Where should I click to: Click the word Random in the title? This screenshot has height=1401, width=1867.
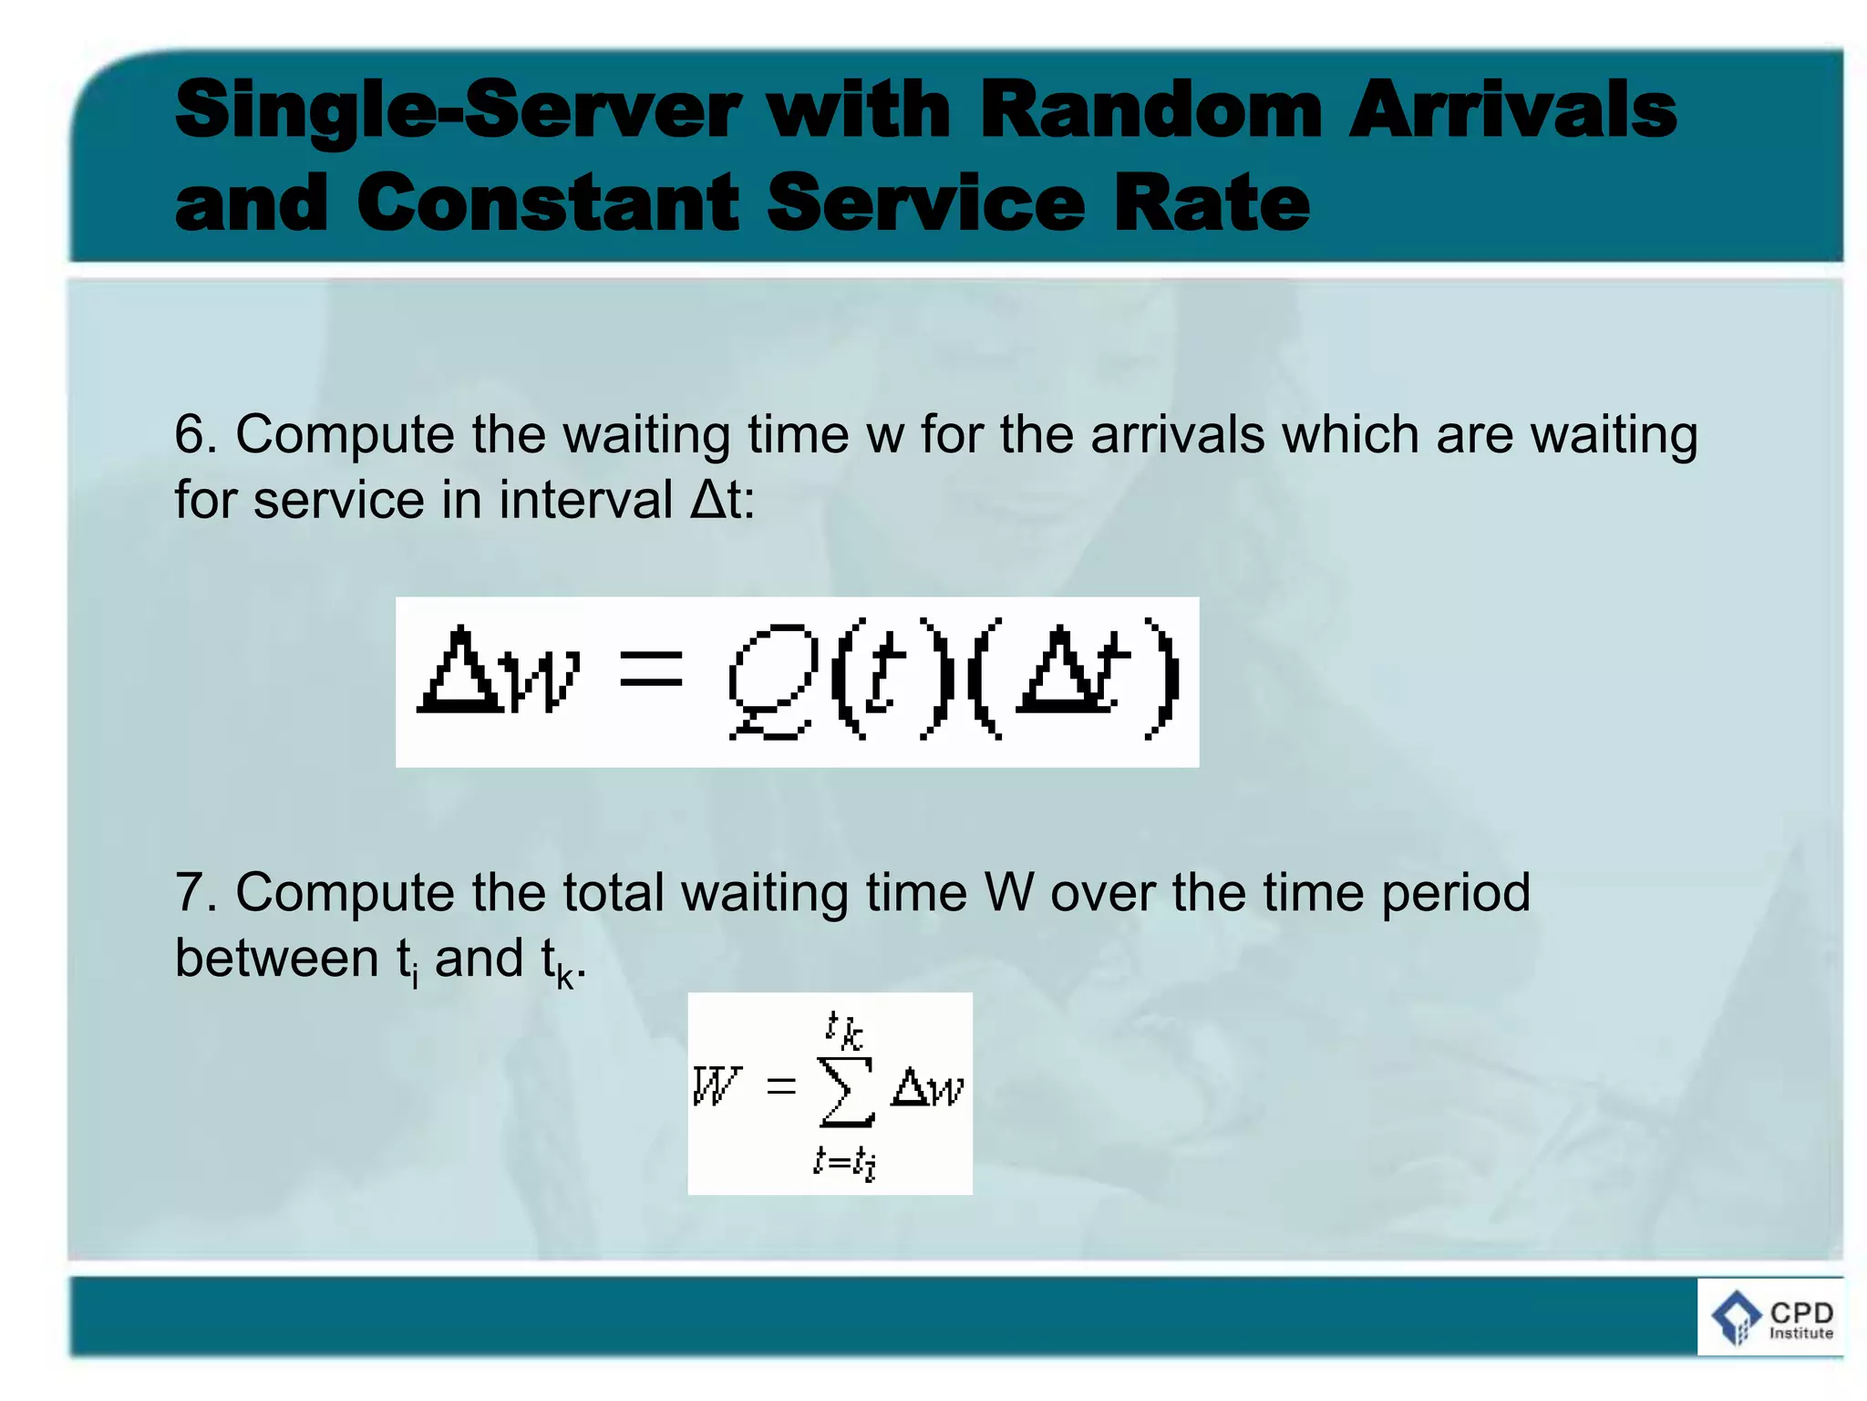click(x=1150, y=110)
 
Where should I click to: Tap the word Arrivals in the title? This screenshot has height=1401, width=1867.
click(x=1512, y=110)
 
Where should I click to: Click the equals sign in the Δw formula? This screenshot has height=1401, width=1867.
click(x=651, y=669)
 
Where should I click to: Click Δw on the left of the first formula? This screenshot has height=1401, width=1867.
click(x=498, y=670)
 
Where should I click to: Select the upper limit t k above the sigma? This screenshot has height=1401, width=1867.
click(x=844, y=1029)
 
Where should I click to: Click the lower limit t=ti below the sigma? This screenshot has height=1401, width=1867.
click(x=844, y=1162)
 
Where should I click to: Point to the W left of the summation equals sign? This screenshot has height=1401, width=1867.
click(x=717, y=1085)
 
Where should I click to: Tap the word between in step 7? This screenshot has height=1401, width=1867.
click(x=276, y=958)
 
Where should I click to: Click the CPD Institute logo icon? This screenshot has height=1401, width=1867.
click(x=1735, y=1317)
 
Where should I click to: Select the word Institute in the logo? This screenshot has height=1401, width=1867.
click(x=1800, y=1334)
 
